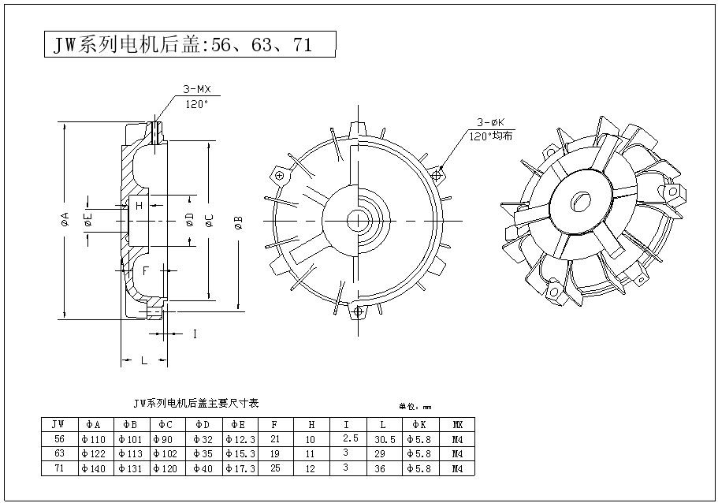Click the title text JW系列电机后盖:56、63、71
point(183,45)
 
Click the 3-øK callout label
point(490,122)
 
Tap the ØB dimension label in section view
point(238,222)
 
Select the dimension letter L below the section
point(143,360)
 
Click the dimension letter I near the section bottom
point(194,334)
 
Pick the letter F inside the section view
point(146,270)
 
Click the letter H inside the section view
point(139,206)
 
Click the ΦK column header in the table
point(420,424)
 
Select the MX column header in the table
point(458,424)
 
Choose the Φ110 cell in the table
point(95,438)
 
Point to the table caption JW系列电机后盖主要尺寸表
point(196,402)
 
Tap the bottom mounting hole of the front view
point(359,312)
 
